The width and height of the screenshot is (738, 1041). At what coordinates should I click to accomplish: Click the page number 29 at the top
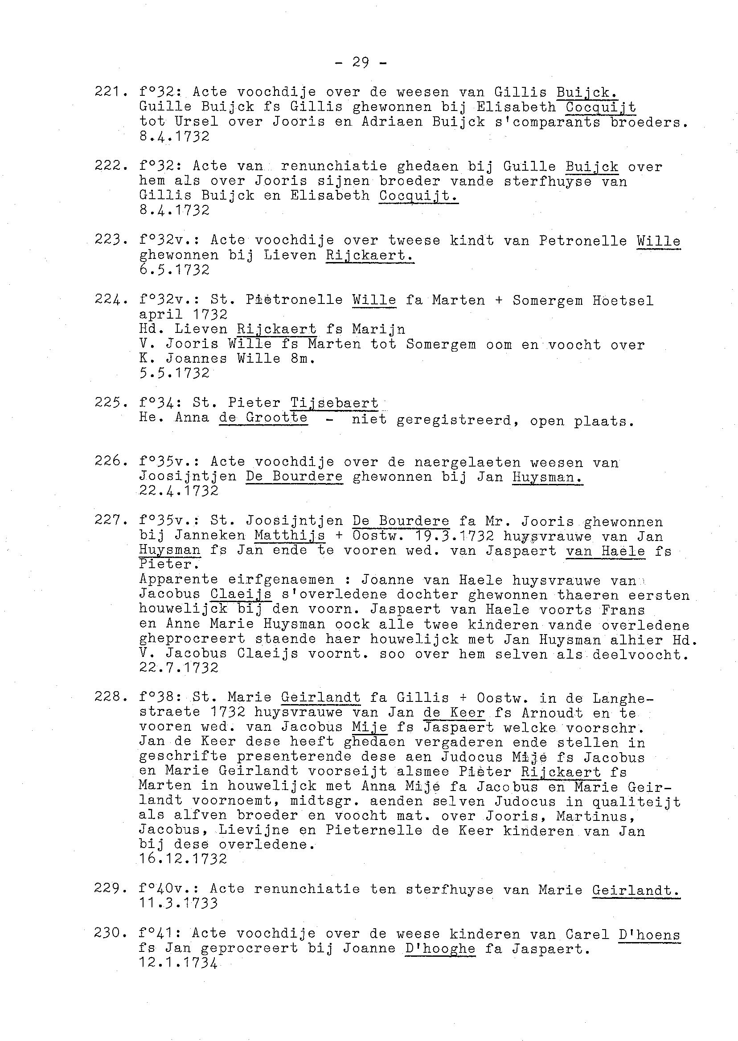click(361, 62)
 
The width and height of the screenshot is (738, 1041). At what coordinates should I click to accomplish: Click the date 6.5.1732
click(175, 270)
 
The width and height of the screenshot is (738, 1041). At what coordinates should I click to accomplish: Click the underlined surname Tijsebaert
click(334, 403)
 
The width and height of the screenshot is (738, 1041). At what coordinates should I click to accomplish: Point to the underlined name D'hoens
click(649, 934)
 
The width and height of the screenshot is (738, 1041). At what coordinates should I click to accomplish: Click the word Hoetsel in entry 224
click(623, 300)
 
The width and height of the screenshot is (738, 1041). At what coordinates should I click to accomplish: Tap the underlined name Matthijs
click(290, 536)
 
